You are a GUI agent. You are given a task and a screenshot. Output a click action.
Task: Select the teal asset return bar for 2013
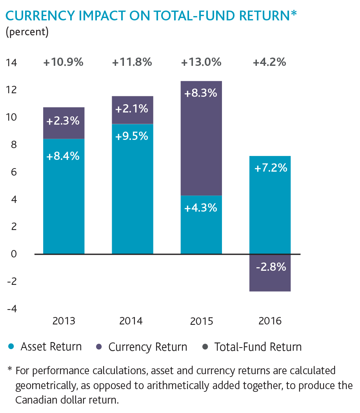(x=64, y=196)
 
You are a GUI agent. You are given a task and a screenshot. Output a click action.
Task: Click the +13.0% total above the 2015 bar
(x=201, y=62)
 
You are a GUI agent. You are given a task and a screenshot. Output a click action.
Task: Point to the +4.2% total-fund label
(x=270, y=62)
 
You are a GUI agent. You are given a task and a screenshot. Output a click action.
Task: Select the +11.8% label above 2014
(x=132, y=62)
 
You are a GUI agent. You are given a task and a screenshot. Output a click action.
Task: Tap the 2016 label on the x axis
(x=270, y=321)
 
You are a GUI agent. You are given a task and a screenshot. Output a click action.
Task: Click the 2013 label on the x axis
(x=64, y=321)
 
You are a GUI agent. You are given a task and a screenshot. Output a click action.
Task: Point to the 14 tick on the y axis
(x=11, y=63)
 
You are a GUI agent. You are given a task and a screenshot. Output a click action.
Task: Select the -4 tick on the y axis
(x=11, y=309)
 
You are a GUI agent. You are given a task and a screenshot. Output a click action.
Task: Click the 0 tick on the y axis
(x=14, y=254)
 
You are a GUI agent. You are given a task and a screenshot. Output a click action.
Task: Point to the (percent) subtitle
(x=27, y=32)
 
